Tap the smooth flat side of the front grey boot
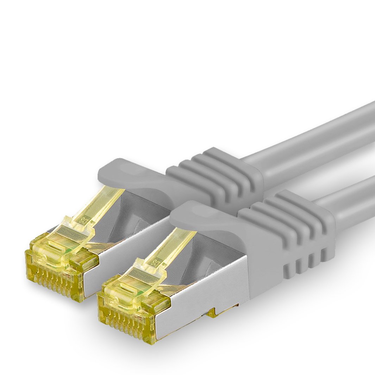261,261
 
